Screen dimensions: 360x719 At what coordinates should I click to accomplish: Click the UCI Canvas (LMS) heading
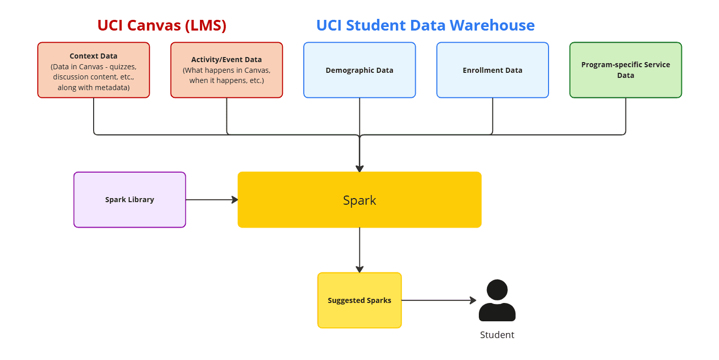162,25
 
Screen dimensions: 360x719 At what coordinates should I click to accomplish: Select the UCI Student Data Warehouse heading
425,25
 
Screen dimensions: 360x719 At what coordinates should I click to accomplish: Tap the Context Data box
94,70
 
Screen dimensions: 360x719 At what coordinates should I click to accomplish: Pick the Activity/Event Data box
226,70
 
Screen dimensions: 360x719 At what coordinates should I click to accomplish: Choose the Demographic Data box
359,70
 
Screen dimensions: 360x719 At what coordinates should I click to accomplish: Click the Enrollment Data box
492,70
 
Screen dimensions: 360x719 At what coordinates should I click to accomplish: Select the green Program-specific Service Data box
625,70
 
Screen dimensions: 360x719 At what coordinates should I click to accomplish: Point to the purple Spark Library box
130,200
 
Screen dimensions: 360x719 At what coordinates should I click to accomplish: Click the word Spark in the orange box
359,200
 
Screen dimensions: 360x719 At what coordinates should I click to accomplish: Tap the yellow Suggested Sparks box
359,300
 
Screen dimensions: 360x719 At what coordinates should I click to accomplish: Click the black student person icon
497,301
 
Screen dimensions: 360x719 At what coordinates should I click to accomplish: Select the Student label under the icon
497,335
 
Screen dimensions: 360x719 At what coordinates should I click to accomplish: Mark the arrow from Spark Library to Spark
211,200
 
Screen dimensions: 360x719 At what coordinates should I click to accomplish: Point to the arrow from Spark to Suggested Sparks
360,250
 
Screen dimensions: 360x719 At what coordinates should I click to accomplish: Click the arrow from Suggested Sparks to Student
439,300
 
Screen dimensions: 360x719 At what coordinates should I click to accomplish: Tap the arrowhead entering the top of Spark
360,169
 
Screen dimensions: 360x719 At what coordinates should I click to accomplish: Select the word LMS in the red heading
206,25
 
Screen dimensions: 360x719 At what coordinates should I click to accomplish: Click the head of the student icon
497,290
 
